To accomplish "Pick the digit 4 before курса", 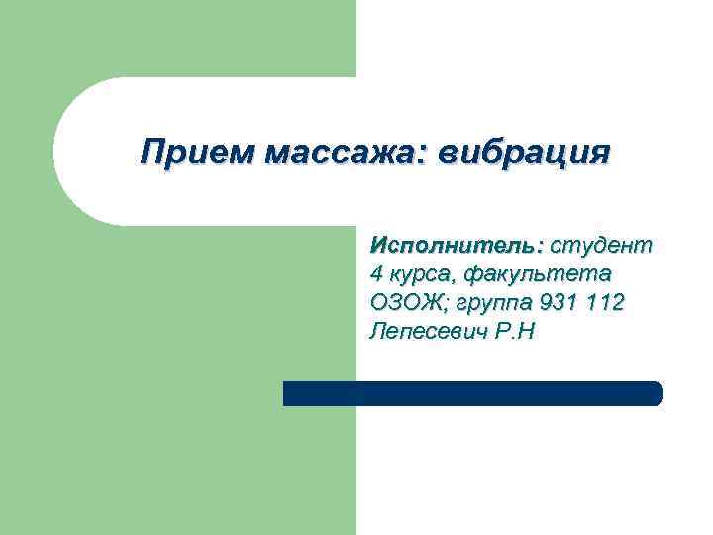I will pos(375,272).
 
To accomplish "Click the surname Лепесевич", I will pos(426,331).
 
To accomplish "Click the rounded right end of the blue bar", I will pos(656,393).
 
